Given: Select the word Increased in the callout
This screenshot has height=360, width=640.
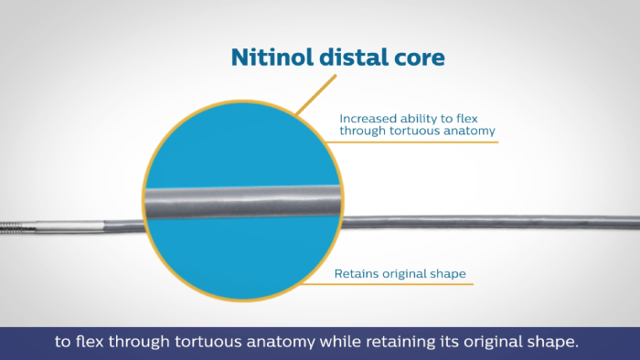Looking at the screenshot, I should (367, 118).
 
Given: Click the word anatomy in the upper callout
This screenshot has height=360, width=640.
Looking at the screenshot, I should (471, 131).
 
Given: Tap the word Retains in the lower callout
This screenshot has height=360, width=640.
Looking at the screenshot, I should (355, 272).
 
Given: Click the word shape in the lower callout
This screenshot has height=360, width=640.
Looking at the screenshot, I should (442, 272).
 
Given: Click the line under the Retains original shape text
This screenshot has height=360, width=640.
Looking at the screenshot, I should (402, 283).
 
